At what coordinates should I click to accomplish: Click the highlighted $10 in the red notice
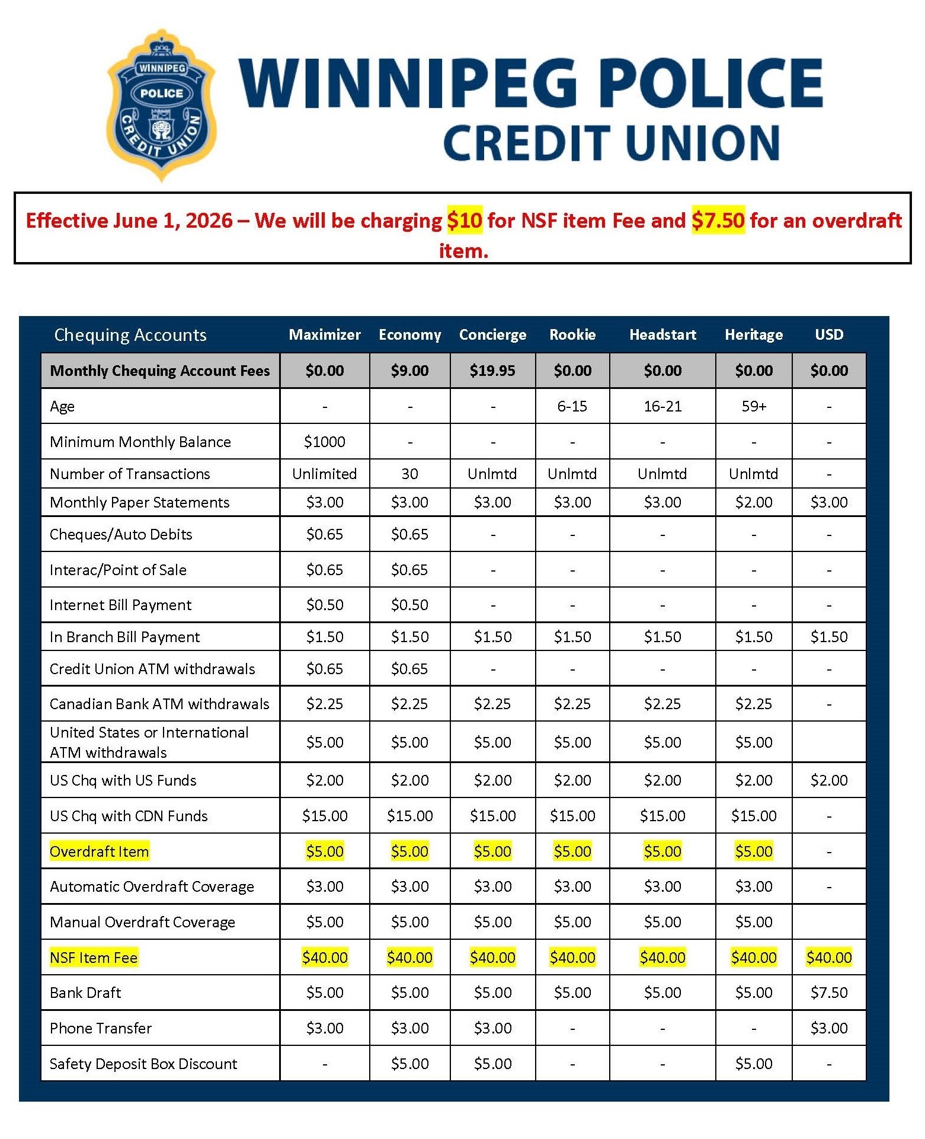[465, 221]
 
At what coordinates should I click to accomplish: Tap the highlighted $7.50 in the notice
[718, 221]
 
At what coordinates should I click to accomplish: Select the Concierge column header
[492, 334]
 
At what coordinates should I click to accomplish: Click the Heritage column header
[754, 334]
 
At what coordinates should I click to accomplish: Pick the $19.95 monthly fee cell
[492, 371]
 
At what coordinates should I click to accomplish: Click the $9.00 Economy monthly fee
[409, 371]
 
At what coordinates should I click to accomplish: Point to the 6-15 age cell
[572, 406]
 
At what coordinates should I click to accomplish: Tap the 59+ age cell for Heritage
[754, 406]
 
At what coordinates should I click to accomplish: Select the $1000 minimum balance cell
[324, 442]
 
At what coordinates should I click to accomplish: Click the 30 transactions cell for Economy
[409, 474]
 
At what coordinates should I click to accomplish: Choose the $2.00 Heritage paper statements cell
[754, 502]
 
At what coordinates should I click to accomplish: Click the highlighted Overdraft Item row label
[100, 851]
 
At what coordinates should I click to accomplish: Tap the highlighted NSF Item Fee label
[94, 958]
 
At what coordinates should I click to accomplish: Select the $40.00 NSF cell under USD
[828, 958]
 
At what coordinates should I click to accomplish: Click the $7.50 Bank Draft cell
[828, 993]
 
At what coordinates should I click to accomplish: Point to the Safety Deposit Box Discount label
[143, 1064]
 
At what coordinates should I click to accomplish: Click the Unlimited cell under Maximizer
[324, 474]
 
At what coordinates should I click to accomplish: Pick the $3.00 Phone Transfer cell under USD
[828, 1028]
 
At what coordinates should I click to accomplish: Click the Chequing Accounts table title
[130, 335]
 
